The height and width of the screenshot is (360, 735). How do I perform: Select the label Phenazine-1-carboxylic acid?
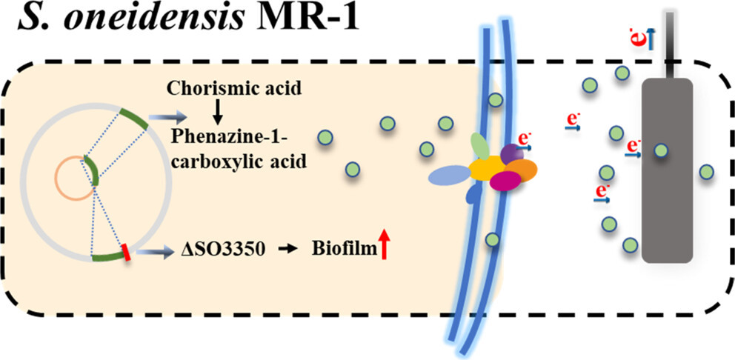click(237, 148)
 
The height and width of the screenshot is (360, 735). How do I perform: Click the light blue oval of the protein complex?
click(450, 175)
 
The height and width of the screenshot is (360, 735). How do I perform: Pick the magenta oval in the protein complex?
click(505, 181)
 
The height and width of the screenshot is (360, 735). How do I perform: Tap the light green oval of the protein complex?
click(480, 146)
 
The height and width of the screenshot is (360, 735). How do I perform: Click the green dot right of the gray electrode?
click(706, 173)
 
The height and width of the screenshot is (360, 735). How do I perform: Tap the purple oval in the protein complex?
click(511, 153)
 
